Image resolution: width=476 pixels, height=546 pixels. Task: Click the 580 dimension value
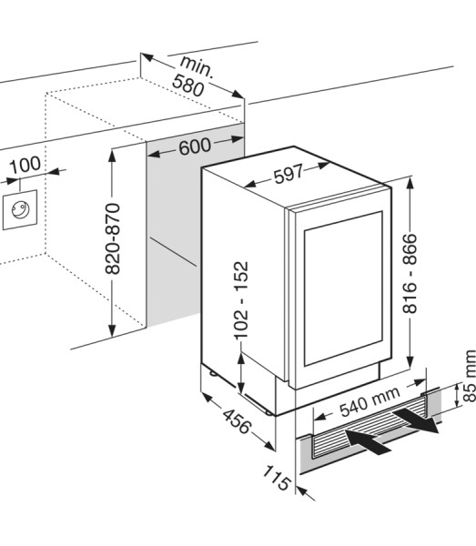(188, 85)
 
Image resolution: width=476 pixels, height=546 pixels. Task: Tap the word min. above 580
(197, 66)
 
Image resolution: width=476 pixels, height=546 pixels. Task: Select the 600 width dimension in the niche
(195, 146)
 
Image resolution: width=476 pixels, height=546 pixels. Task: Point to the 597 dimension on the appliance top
(289, 174)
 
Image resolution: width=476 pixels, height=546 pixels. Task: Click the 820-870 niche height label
(113, 238)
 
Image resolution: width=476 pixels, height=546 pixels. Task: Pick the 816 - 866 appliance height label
(410, 274)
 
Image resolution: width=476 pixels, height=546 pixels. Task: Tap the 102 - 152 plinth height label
(241, 300)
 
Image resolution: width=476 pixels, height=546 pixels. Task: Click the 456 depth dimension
(237, 421)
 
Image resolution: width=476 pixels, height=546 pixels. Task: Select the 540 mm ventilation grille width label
(370, 401)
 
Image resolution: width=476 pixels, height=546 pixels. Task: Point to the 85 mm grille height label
(469, 376)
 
